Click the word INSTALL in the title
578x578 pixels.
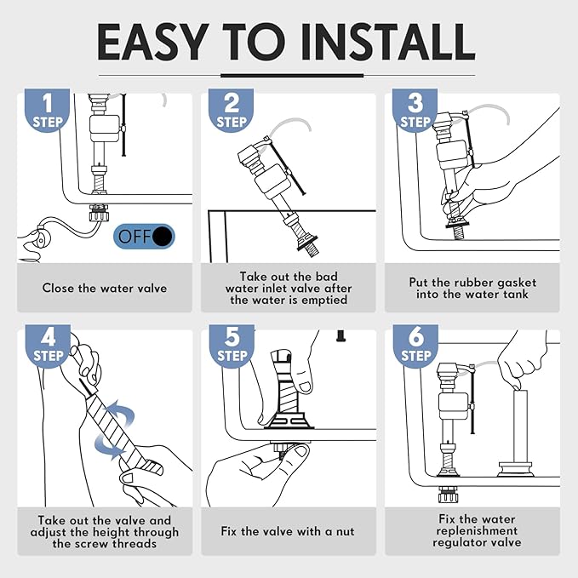pos(388,42)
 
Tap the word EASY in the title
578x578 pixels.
pos(152,42)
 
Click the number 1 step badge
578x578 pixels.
pos(47,110)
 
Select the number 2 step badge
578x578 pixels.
pos(231,110)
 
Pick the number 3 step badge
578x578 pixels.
pos(415,110)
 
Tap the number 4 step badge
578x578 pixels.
pos(48,346)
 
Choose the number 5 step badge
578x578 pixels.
pos(232,346)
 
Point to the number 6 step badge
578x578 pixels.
pos(415,346)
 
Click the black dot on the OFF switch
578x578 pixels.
pos(163,237)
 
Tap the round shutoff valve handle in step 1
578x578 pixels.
pos(40,237)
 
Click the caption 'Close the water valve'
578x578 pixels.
pos(105,288)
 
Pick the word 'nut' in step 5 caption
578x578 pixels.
pos(345,531)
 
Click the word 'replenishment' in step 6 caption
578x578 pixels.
pos(477,531)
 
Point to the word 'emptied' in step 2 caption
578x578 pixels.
pos(324,300)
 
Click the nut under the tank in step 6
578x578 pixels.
pos(449,495)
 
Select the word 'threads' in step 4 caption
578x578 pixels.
pos(134,544)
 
